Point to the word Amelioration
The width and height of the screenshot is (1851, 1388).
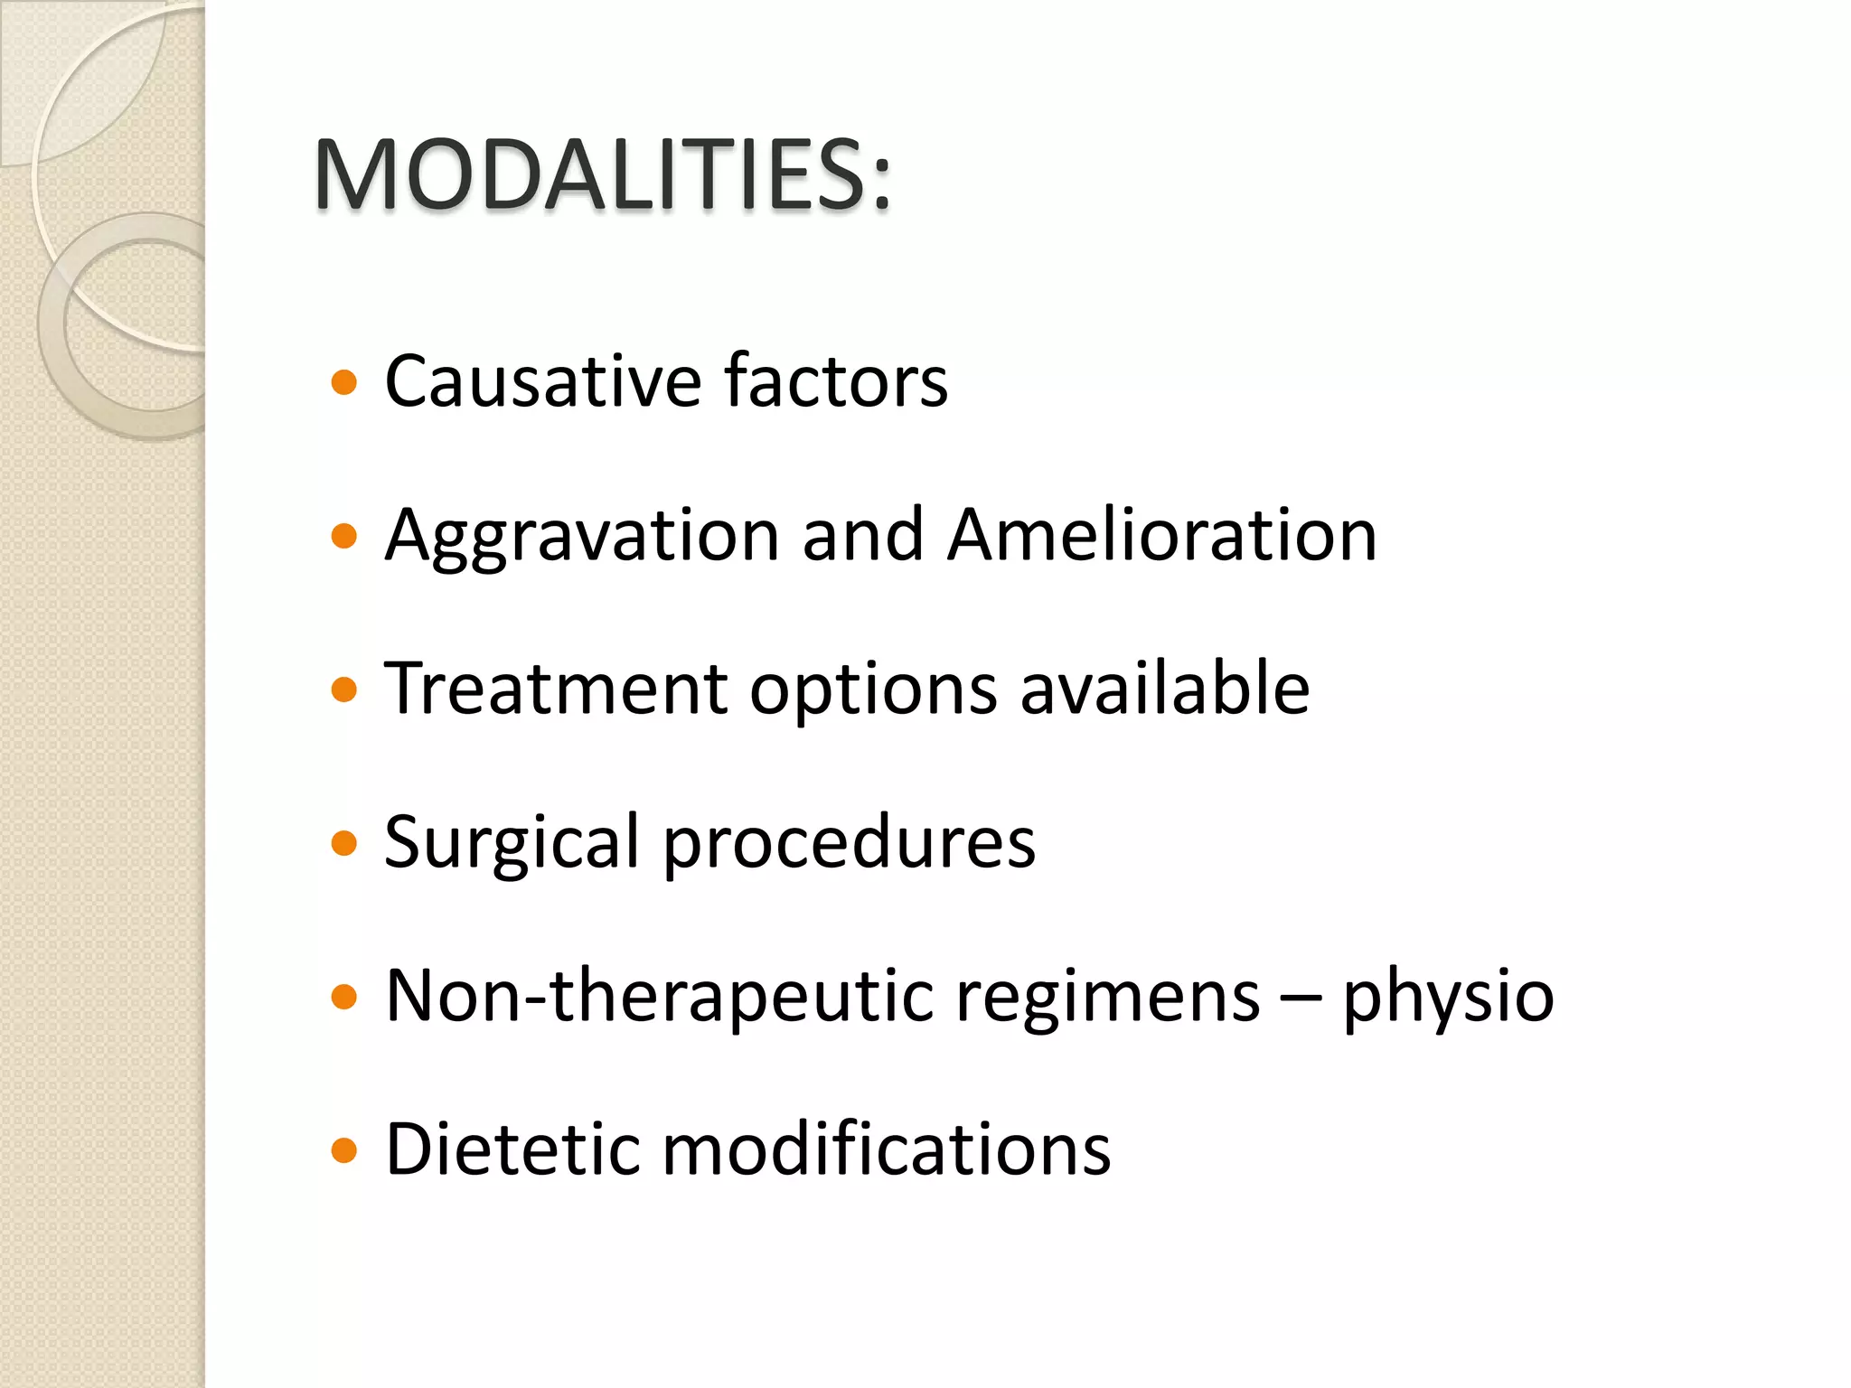(x=1162, y=535)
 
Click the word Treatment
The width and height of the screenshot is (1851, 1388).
(x=556, y=689)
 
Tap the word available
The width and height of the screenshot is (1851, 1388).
(x=1165, y=689)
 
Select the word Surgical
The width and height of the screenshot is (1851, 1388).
(x=512, y=843)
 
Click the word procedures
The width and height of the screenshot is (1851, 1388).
(x=850, y=843)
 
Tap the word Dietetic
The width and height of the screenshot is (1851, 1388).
(x=512, y=1149)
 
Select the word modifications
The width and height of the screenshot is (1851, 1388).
(x=887, y=1149)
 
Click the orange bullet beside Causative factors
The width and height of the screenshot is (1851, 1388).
(x=344, y=383)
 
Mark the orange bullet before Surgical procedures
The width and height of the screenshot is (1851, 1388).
(x=344, y=844)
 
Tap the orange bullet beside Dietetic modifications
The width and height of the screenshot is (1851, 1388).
(x=344, y=1151)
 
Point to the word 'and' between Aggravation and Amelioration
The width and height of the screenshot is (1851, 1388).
(x=862, y=535)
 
